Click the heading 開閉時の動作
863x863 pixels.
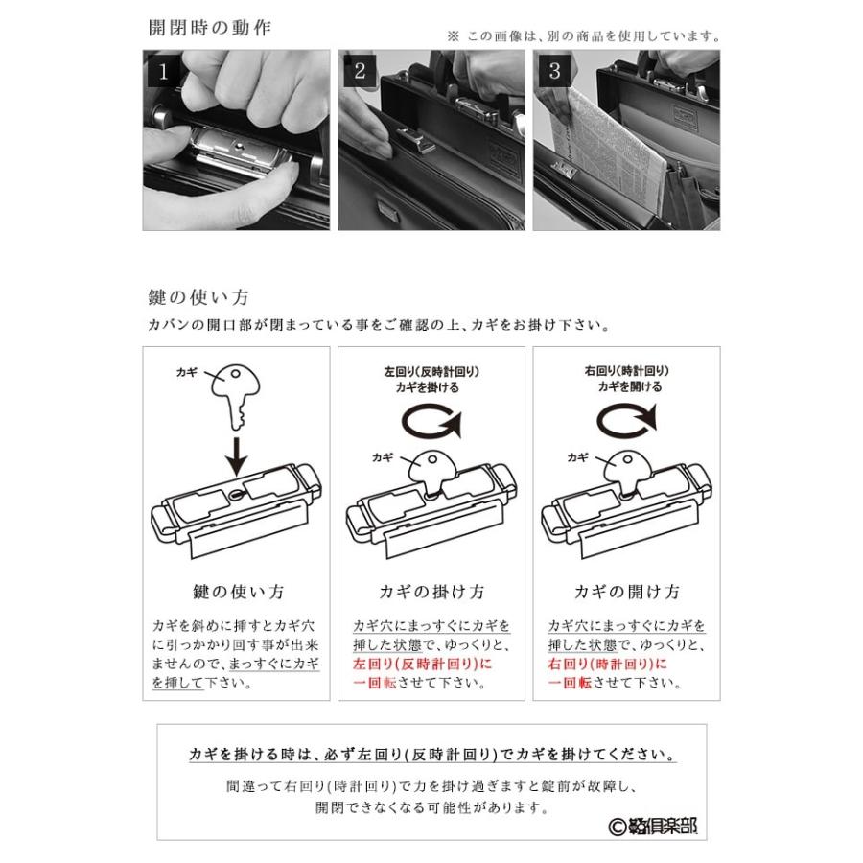pyautogui.click(x=209, y=27)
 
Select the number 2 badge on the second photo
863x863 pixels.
pyautogui.click(x=360, y=71)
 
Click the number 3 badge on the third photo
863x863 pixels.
pyautogui.click(x=553, y=71)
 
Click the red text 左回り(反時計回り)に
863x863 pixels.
pyautogui.click(x=418, y=664)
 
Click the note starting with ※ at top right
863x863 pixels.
pyautogui.click(x=583, y=36)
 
